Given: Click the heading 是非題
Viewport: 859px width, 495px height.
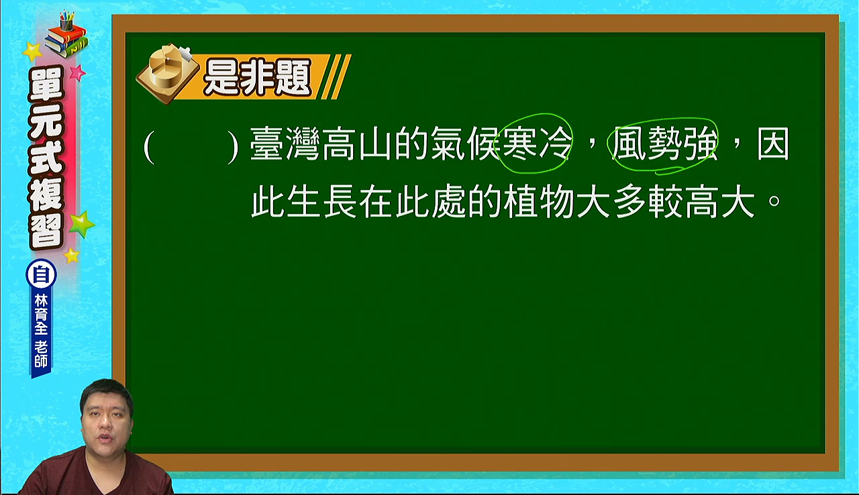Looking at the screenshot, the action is pyautogui.click(x=257, y=78).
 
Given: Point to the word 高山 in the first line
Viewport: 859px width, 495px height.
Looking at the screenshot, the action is pyautogui.click(x=357, y=144).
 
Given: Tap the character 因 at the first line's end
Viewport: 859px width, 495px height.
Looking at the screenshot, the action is pyautogui.click(x=773, y=144).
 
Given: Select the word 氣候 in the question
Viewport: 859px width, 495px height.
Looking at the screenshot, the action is pyautogui.click(x=465, y=144).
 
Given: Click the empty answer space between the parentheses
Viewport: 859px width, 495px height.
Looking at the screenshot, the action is pyautogui.click(x=191, y=147).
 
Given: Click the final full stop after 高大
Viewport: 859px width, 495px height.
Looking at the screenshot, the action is pyautogui.click(x=774, y=201).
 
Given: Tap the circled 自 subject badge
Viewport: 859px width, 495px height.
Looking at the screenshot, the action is pyautogui.click(x=41, y=275).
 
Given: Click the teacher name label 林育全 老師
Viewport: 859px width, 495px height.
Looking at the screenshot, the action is pyautogui.click(x=41, y=331).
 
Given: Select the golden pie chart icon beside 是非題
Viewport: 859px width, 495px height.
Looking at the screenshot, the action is pyautogui.click(x=167, y=73).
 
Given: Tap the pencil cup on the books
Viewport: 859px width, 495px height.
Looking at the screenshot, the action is pyautogui.click(x=66, y=21).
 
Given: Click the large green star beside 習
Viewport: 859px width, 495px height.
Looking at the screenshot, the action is pyautogui.click(x=81, y=224).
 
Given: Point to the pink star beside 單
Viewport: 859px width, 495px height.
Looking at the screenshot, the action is pyautogui.click(x=77, y=72).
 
